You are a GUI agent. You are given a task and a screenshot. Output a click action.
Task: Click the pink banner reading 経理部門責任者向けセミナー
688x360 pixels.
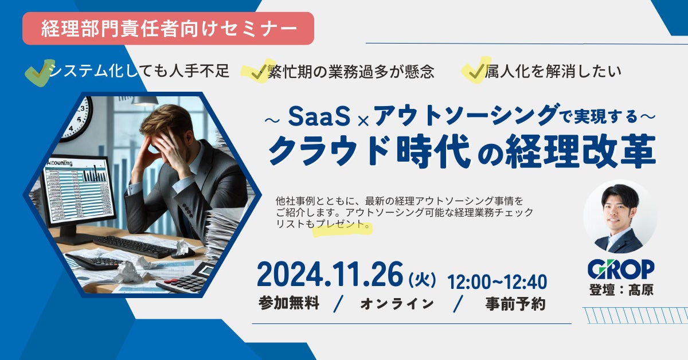click(168, 28)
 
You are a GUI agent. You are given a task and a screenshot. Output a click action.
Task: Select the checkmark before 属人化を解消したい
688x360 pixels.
click(475, 71)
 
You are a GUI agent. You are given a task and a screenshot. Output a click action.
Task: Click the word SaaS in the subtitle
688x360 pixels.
click(319, 117)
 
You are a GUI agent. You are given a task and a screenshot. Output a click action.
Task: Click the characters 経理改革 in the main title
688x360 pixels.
click(580, 151)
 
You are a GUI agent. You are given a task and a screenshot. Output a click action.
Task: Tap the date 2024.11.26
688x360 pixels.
click(330, 275)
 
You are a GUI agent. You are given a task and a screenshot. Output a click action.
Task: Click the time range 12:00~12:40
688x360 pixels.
click(497, 281)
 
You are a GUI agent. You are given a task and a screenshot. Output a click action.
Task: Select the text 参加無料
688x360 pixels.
click(289, 303)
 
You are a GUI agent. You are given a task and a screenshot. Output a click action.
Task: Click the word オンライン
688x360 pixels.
click(397, 304)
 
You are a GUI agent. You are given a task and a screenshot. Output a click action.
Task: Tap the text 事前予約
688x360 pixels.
click(515, 304)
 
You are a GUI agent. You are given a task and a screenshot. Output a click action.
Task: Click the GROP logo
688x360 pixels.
click(621, 269)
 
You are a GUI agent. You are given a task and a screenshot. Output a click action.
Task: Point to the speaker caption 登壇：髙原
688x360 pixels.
click(621, 289)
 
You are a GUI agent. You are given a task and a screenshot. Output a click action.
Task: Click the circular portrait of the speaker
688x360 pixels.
click(620, 217)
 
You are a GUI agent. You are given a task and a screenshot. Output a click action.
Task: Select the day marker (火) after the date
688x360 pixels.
click(422, 280)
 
